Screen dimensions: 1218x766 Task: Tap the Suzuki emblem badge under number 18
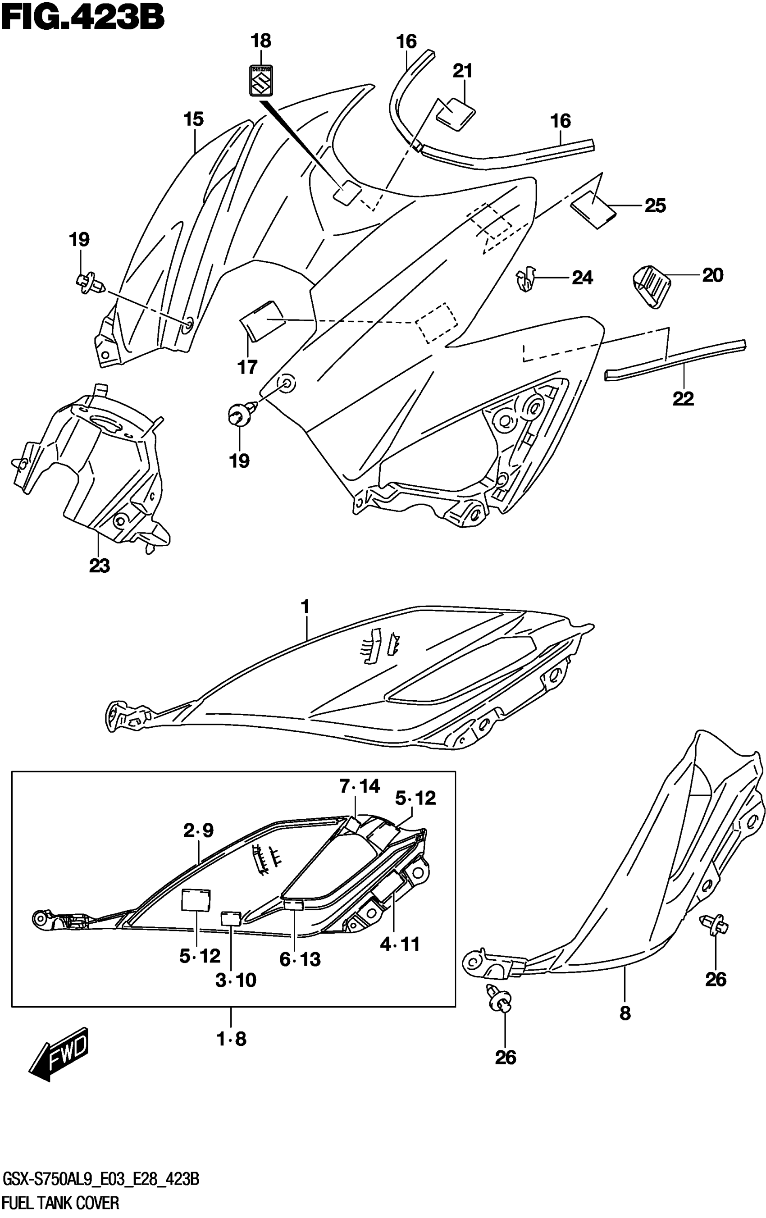point(262,80)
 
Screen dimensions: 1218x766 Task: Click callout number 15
point(193,120)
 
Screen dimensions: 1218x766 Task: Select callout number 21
point(462,71)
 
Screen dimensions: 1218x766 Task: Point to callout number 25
point(655,205)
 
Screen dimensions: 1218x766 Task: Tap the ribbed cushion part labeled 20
point(651,286)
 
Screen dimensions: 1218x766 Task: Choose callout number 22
point(683,399)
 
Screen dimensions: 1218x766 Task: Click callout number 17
point(247,367)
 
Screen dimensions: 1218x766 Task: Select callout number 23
point(100,566)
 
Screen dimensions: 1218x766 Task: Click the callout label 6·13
point(301,959)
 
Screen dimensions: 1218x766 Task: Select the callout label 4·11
point(400,944)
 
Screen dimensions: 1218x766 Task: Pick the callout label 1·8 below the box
point(231,1039)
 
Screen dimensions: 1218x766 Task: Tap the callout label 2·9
point(199,830)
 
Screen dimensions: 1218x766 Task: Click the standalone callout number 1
point(305,606)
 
